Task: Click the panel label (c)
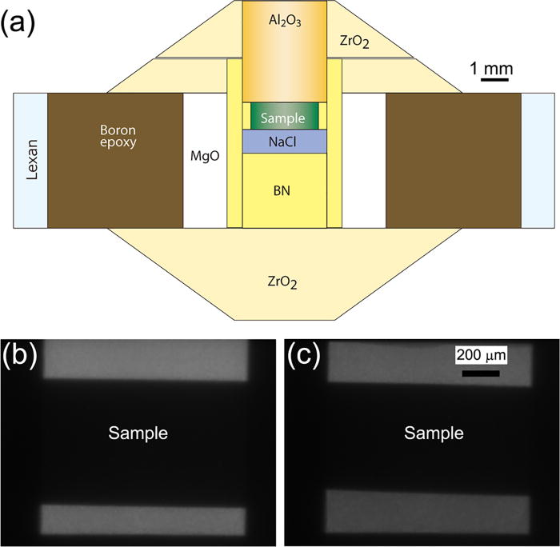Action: click(x=306, y=357)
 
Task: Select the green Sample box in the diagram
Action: click(x=284, y=117)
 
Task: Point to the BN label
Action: click(x=284, y=191)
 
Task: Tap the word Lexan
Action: click(x=30, y=161)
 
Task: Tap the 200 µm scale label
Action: click(x=482, y=354)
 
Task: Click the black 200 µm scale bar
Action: click(x=480, y=373)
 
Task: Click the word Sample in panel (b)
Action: click(x=138, y=433)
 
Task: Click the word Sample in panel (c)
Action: click(x=433, y=433)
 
